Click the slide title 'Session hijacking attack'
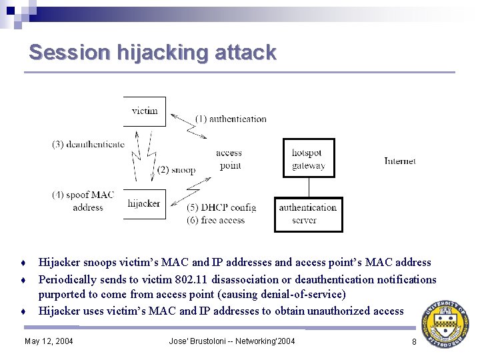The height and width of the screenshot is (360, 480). click(x=152, y=52)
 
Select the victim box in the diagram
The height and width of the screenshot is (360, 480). click(x=145, y=111)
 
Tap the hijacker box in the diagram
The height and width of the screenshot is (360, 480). click(x=144, y=204)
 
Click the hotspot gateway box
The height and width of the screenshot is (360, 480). click(x=308, y=159)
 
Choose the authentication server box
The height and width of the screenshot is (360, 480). click(x=308, y=214)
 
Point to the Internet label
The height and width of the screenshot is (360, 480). click(x=400, y=161)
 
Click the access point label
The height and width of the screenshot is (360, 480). click(x=229, y=159)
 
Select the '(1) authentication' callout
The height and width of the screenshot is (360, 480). click(x=231, y=119)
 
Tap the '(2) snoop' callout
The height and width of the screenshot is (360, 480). click(x=177, y=170)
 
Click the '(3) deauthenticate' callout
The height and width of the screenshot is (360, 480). click(x=88, y=144)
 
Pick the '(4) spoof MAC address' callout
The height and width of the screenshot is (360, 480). click(x=83, y=201)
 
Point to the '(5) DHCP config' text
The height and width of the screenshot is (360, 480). click(x=221, y=207)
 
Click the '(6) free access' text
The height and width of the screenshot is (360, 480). click(x=216, y=220)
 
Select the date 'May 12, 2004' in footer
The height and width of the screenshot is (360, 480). click(x=49, y=342)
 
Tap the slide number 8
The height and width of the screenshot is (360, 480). click(x=414, y=342)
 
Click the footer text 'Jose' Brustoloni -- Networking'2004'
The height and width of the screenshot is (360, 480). click(x=232, y=342)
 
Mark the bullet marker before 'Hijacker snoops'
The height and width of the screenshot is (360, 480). click(x=24, y=263)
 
